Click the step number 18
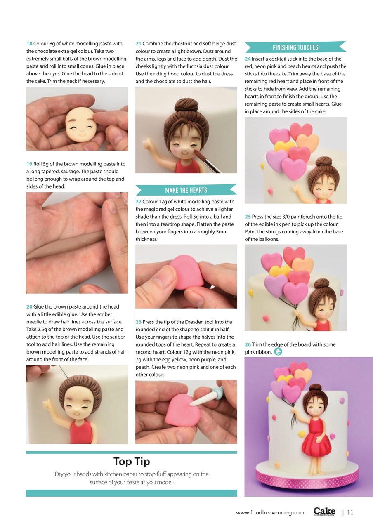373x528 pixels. (x=29, y=44)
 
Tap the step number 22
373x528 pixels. (x=139, y=202)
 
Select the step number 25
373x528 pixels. (x=248, y=217)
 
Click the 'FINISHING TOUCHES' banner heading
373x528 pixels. (x=295, y=47)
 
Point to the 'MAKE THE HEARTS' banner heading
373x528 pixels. (x=186, y=190)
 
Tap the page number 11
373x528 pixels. (x=350, y=513)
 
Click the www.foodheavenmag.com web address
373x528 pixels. (x=270, y=513)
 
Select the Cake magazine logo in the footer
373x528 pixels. (x=324, y=512)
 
